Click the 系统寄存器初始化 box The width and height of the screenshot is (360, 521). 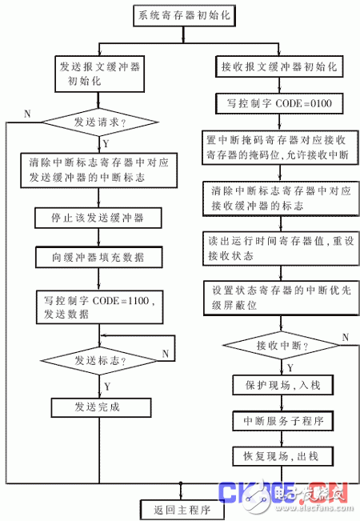coord(181,16)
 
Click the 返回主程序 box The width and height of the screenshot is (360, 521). coord(181,508)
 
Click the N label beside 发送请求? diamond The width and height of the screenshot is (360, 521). coord(28,113)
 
